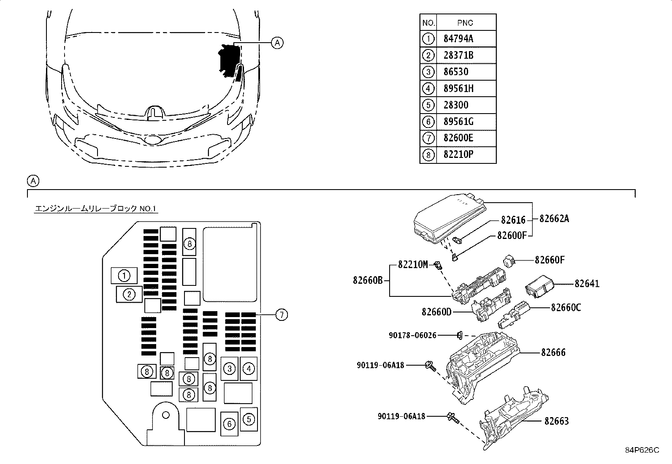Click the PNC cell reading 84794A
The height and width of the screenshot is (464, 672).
click(x=458, y=39)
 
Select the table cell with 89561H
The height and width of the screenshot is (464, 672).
click(x=458, y=89)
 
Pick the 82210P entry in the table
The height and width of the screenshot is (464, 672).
click(x=458, y=155)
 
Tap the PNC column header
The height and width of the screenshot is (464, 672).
click(x=465, y=23)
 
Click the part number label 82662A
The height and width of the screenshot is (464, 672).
click(x=554, y=219)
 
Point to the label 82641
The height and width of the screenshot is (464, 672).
click(x=587, y=284)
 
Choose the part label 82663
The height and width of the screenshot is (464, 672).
click(x=556, y=421)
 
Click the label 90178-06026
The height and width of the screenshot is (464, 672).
click(x=412, y=335)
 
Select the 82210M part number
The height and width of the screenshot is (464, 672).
click(x=413, y=265)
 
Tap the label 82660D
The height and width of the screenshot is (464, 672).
click(x=436, y=312)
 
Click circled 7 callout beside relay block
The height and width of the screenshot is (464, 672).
click(x=282, y=315)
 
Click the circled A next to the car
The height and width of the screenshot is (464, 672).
click(x=277, y=43)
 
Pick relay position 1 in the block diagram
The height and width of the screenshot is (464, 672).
click(x=124, y=276)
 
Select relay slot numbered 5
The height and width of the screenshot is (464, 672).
click(x=249, y=419)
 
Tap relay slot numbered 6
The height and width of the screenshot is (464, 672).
click(x=229, y=423)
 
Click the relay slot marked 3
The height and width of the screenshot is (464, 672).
click(x=229, y=369)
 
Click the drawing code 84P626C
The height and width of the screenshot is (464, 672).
click(x=642, y=450)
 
